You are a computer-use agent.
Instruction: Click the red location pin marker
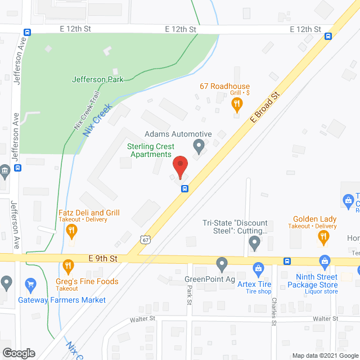click(x=180, y=167)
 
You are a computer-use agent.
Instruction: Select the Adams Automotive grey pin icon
click(x=198, y=146)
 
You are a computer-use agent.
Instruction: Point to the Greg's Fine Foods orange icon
click(x=68, y=265)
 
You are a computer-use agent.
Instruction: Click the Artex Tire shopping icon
click(x=258, y=268)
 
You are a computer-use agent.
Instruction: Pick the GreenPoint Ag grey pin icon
click(x=222, y=263)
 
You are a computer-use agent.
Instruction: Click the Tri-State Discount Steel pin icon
click(x=254, y=243)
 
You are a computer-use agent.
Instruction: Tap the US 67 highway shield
click(x=146, y=239)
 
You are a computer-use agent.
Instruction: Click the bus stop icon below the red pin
click(x=184, y=188)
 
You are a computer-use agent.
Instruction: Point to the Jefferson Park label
click(x=97, y=80)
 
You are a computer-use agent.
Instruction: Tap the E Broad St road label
click(x=265, y=108)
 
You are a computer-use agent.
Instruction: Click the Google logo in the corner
click(x=18, y=353)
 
